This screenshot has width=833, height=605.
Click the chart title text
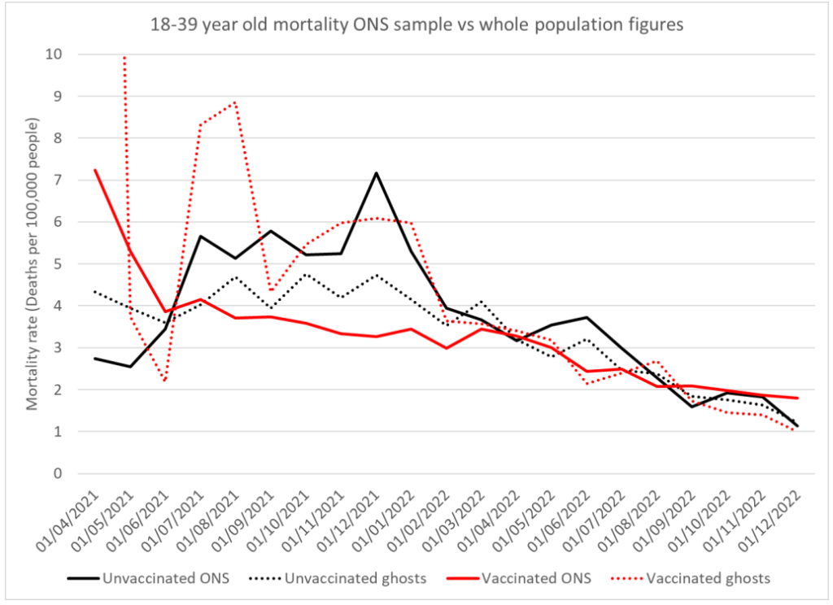point(416,25)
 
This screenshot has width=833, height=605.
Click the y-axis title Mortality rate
point(33,263)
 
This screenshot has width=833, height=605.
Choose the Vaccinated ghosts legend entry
point(708,579)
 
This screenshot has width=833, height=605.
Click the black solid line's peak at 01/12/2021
point(376,172)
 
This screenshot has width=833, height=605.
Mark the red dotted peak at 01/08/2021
point(235,102)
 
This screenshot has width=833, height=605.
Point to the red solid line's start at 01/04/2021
point(95,170)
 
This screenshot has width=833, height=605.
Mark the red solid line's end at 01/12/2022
point(798,398)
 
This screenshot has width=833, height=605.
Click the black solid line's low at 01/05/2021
point(130,367)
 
